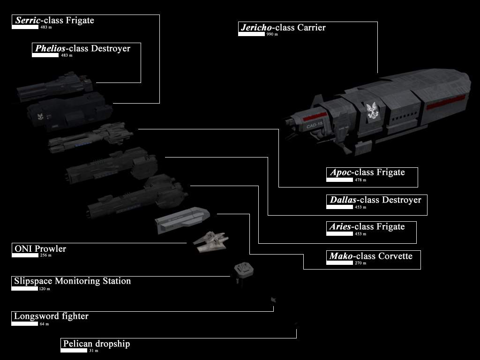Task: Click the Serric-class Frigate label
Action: [x=54, y=21]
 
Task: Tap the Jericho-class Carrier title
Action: [x=282, y=28]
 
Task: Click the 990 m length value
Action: [x=272, y=35]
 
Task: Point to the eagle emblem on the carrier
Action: [x=373, y=111]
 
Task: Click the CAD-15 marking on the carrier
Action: [x=314, y=124]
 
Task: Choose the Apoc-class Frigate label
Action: [x=367, y=172]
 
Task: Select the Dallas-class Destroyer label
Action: [x=375, y=200]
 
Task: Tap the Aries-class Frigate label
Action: [x=367, y=227]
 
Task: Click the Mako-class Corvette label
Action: [x=370, y=256]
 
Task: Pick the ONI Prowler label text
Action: [x=40, y=249]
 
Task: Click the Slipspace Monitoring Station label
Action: [x=72, y=281]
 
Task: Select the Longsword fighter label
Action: [x=51, y=316]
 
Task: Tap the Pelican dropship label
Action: [x=96, y=344]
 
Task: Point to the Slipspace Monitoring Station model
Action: [x=244, y=270]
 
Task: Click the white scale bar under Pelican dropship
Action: [x=74, y=351]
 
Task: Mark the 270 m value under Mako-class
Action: [x=361, y=263]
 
